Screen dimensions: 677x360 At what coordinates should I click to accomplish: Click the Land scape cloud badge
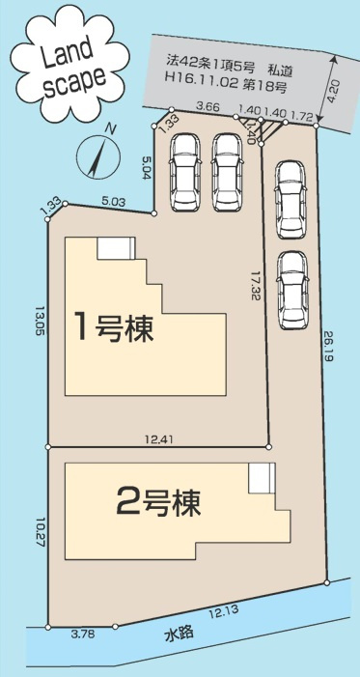click(x=65, y=65)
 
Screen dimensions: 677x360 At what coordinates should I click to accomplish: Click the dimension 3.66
click(x=204, y=106)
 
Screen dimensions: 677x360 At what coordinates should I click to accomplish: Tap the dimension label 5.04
click(x=146, y=170)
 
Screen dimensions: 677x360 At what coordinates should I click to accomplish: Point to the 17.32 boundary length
click(x=256, y=287)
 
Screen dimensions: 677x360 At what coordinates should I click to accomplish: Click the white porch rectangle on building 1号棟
click(x=114, y=247)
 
